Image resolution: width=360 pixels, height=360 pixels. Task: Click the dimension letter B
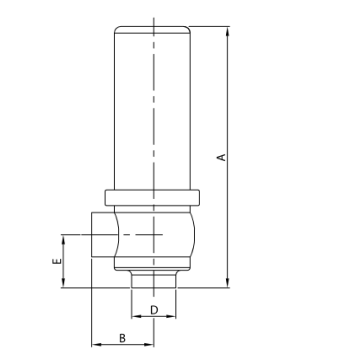pos(121,341)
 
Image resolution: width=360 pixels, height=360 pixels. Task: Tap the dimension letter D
pos(154,310)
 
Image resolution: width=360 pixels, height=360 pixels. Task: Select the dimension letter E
pos(57,261)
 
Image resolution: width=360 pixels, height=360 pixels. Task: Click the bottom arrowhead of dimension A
pos(228,284)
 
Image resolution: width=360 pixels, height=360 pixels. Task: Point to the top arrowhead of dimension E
pos(66,237)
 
